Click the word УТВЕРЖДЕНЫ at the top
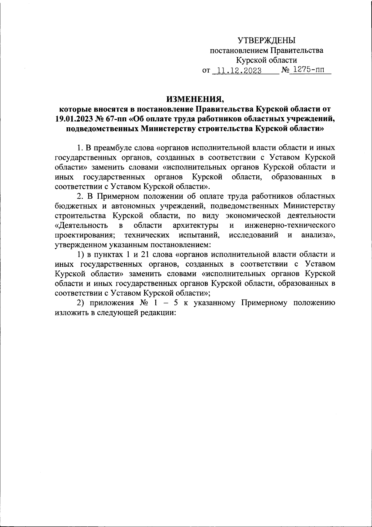coord(267,40)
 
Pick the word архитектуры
coord(195,225)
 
